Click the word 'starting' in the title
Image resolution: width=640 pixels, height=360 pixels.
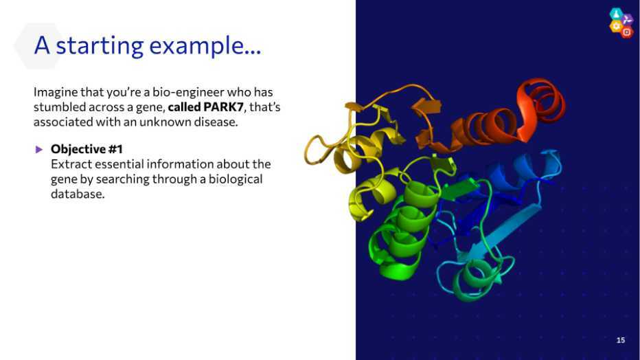[100, 45]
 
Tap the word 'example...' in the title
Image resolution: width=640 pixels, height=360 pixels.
[205, 45]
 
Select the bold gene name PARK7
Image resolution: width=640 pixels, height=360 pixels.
[223, 107]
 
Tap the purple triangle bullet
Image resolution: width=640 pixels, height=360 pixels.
[39, 149]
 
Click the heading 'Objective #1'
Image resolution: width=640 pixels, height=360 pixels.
[87, 149]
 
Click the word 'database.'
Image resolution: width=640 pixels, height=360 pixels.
[78, 194]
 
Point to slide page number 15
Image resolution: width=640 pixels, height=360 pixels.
[620, 340]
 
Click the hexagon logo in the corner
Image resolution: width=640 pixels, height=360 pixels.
[621, 23]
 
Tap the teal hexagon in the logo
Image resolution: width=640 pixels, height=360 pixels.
[616, 14]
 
